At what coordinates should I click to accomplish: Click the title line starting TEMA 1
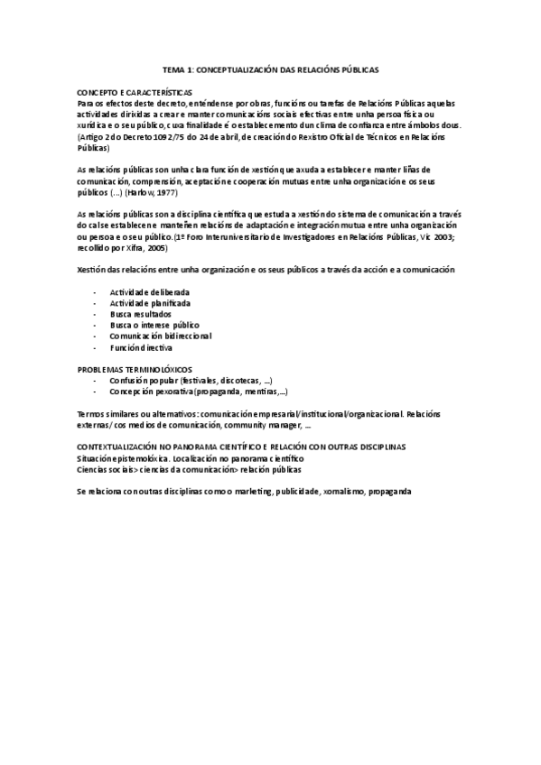coord(270,69)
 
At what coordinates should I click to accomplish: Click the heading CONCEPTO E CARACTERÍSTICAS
coord(130,93)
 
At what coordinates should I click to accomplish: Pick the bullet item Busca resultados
coord(140,314)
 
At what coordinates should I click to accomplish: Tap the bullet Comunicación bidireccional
coord(161,336)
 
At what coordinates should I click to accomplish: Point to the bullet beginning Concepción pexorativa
coord(199,392)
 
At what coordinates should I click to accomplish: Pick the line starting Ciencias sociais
coord(190,469)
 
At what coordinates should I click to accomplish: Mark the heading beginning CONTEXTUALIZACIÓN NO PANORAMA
coord(241,447)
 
